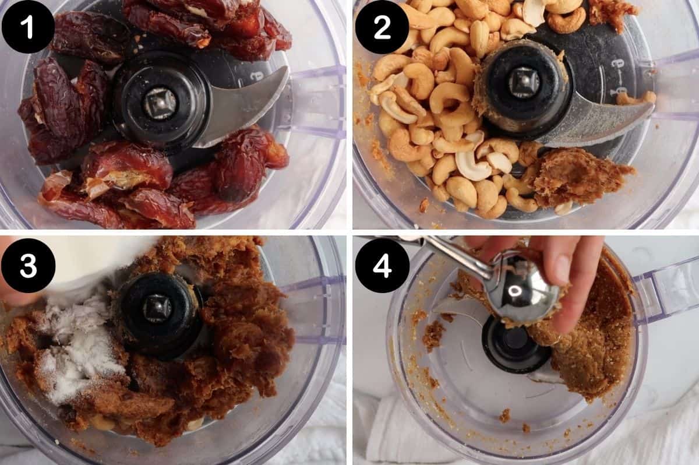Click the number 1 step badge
tap(28, 27)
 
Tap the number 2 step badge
tap(382, 27)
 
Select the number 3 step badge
tap(28, 265)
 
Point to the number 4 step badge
tap(382, 265)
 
